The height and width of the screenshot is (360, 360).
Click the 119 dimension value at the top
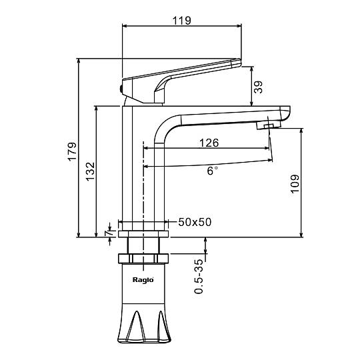coord(181,21)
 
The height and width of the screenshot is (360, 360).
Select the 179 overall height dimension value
coord(72,152)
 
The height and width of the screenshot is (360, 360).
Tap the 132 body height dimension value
coord(90,171)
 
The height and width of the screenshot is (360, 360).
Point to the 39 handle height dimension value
coord(258,87)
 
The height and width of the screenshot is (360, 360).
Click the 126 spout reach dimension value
coord(209,143)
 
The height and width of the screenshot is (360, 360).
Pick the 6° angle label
coord(213,171)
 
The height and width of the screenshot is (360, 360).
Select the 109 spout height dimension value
coord(295,184)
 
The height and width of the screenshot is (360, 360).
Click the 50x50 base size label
coord(195,222)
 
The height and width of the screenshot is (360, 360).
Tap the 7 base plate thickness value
coord(109,233)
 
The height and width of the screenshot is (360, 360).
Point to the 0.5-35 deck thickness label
coord(199,277)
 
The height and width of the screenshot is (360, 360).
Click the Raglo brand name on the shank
coord(143,280)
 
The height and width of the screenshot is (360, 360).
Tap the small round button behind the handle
coord(121,89)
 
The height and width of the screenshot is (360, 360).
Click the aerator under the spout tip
coord(268,125)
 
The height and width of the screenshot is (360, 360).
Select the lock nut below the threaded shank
coord(143,258)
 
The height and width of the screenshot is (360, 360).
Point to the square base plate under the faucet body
coord(143,234)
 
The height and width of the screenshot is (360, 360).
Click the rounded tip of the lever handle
coord(237,63)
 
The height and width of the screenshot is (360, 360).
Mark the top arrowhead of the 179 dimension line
coord(79,61)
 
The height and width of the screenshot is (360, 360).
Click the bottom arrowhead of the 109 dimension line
coord(301,235)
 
